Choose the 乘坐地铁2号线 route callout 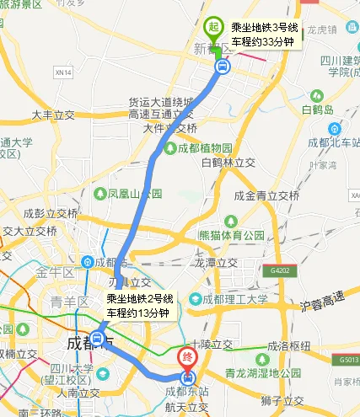(x=140, y=306)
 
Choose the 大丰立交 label (x=54, y=113)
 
